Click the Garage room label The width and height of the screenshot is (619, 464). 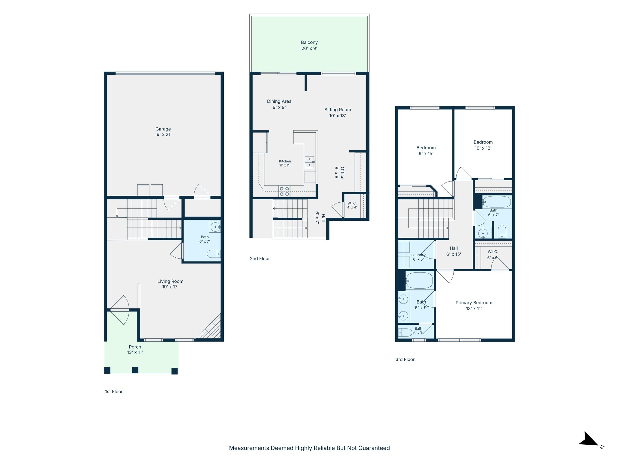(163, 132)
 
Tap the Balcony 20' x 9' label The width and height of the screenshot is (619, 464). (309, 45)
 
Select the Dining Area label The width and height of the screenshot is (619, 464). (279, 104)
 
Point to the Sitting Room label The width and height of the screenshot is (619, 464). (338, 113)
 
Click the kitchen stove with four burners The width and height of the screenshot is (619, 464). (284, 191)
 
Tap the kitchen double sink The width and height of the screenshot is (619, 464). (309, 162)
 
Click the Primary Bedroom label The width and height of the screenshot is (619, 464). (474, 305)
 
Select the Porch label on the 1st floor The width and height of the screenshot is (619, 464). (135, 350)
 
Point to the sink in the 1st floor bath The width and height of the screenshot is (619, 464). (215, 227)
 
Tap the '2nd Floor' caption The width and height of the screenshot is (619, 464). (260, 259)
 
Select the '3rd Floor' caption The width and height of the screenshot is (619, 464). (405, 359)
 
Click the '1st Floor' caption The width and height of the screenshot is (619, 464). (114, 391)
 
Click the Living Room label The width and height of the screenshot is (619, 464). (170, 284)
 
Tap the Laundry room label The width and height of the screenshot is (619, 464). (418, 257)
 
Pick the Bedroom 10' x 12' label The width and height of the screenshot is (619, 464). (483, 145)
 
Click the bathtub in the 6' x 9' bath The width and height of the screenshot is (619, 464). (419, 281)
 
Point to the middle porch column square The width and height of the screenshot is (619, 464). (135, 370)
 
